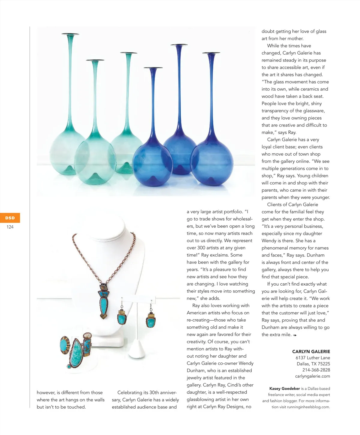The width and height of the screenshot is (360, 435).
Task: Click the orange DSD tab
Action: point(10,218)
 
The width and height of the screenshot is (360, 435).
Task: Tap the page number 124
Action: point(10,227)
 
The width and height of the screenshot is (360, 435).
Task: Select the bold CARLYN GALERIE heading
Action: point(311,352)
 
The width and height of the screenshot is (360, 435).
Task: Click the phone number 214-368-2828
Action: point(316,370)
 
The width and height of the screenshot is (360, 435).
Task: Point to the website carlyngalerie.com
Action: point(312,376)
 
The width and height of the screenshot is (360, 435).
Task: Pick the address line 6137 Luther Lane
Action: point(313,358)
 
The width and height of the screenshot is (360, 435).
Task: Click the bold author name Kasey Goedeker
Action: point(284,388)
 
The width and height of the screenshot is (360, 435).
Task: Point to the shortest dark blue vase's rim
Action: point(153,68)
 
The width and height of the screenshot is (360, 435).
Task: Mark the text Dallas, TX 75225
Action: point(313,364)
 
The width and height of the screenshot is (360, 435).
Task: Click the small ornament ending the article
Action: point(295,335)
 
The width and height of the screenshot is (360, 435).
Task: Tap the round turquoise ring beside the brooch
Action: point(64,345)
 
